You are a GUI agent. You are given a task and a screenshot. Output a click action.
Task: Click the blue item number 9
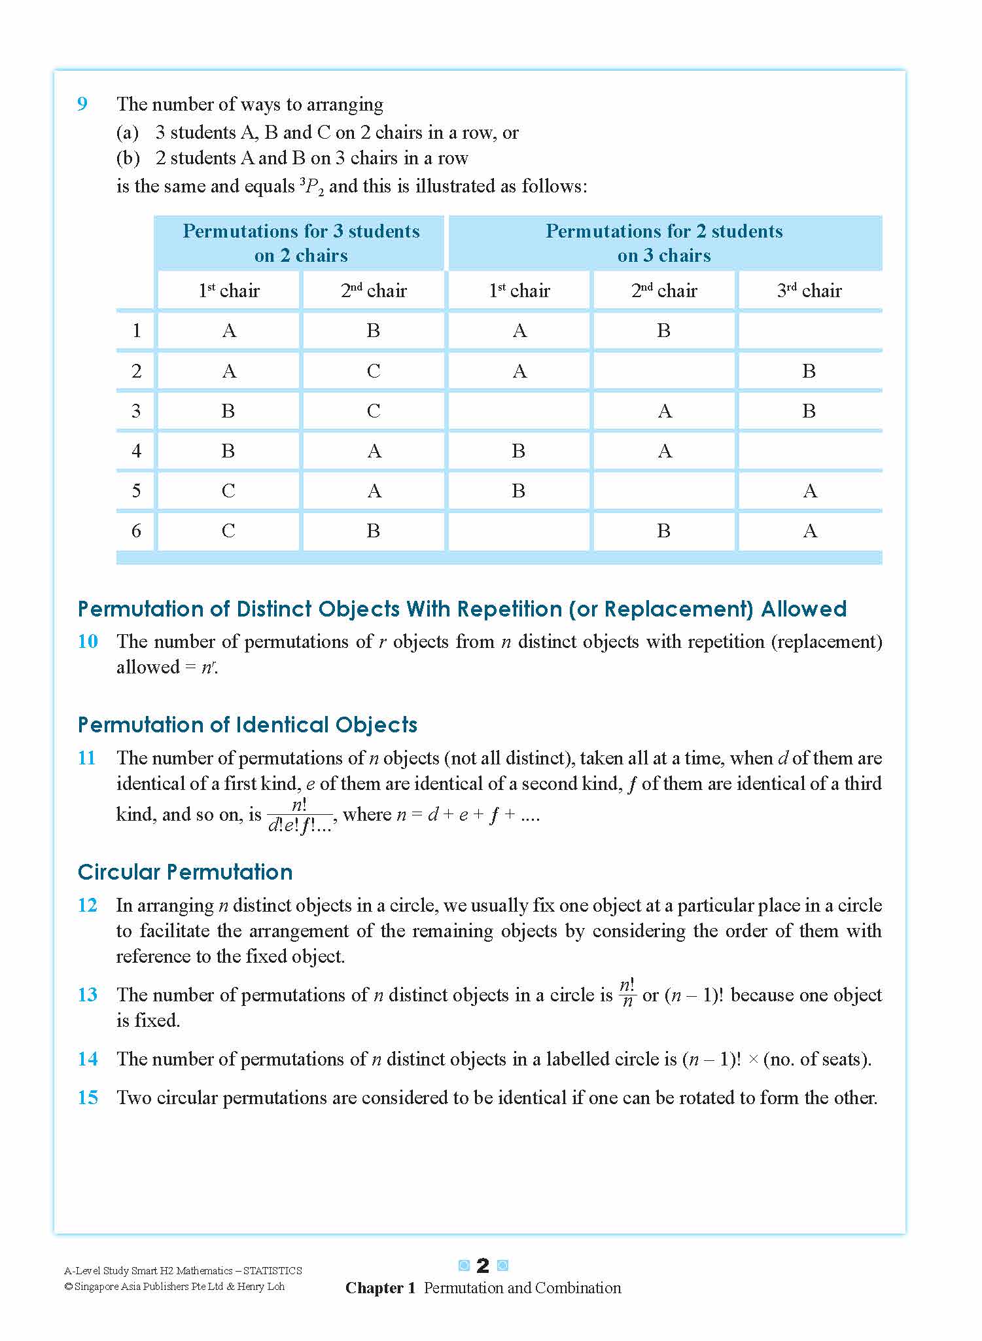82,105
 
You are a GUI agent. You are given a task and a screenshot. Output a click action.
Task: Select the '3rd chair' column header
809,291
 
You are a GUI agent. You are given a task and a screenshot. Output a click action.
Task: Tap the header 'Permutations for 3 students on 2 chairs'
301,243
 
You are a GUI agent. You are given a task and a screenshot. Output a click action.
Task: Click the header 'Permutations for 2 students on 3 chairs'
664,243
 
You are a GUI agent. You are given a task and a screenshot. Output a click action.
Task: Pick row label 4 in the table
136,451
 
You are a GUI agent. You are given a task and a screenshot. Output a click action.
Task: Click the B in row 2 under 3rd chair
809,371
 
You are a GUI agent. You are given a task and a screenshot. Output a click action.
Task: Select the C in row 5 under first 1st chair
228,491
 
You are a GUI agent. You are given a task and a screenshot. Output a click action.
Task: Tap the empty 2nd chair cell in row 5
664,491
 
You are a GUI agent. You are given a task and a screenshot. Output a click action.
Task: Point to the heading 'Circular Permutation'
185,872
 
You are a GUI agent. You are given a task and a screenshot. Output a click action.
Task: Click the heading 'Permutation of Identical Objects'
247,725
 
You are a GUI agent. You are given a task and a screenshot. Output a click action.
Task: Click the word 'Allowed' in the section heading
803,609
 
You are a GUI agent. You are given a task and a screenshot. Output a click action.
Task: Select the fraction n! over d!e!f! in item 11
300,815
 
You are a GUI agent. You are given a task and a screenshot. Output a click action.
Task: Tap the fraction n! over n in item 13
627,993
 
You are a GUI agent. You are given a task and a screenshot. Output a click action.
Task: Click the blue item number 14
88,1059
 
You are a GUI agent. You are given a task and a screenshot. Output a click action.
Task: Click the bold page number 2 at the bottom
483,1266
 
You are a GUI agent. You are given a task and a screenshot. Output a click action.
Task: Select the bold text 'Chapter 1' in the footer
380,1288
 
